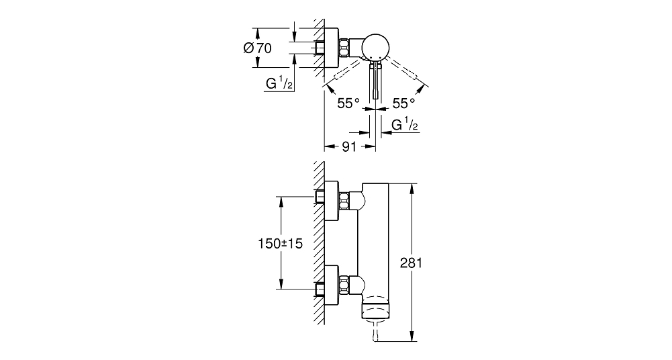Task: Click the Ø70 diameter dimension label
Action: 257,48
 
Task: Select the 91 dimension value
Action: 349,146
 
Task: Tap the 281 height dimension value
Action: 412,263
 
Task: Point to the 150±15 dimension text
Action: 281,244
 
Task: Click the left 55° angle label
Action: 348,103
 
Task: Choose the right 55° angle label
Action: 404,103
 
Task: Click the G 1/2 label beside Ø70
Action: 279,83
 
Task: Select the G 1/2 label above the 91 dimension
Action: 405,124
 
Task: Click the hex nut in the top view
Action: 344,48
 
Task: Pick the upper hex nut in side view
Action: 344,200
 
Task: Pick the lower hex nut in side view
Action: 344,284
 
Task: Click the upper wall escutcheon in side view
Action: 332,201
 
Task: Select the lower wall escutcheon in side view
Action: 332,285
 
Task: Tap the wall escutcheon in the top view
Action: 332,48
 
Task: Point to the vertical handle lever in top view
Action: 376,81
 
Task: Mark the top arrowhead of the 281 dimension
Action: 412,187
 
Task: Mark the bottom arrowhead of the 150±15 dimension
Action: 281,285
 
